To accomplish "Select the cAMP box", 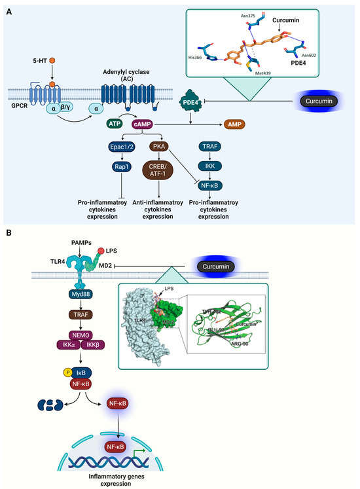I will [x=162, y=123].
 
